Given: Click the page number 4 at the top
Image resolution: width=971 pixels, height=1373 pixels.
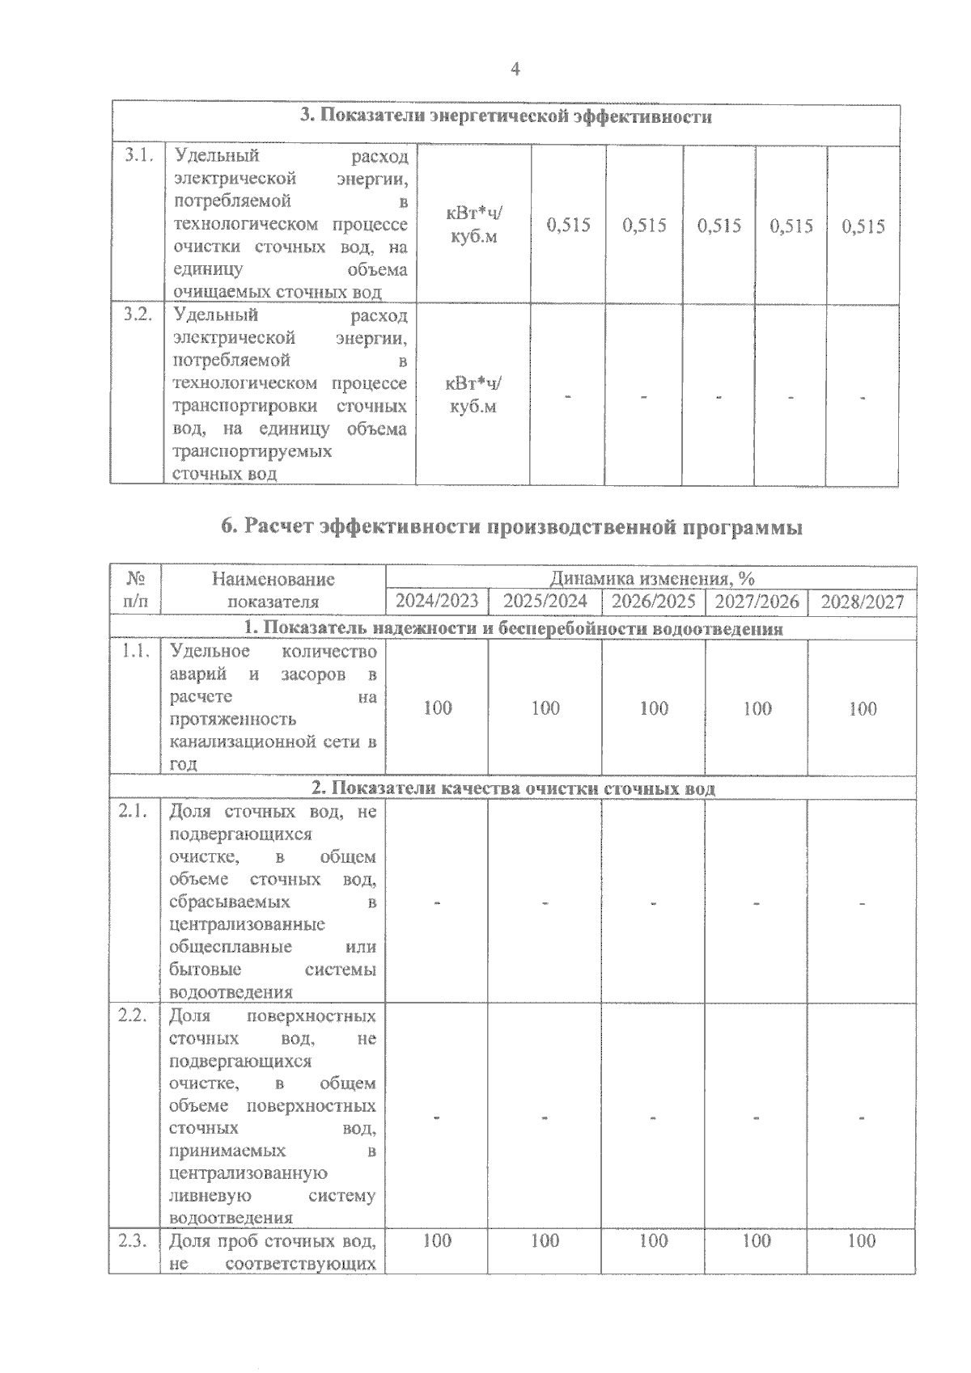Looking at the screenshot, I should [x=515, y=70].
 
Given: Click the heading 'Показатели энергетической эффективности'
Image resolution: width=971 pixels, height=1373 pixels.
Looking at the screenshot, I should [x=506, y=116].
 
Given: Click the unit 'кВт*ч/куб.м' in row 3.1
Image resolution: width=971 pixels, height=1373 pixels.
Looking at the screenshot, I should [x=473, y=226].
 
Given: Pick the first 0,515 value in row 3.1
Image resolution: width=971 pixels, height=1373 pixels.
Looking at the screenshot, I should [x=568, y=226].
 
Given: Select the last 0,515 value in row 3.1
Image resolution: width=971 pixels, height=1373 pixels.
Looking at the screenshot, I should [x=863, y=226].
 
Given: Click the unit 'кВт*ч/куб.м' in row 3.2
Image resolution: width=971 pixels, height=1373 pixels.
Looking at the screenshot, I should [x=473, y=395].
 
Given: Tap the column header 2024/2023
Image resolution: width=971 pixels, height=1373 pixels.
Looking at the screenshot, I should [x=437, y=601].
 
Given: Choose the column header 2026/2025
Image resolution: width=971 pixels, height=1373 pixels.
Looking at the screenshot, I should [x=653, y=601].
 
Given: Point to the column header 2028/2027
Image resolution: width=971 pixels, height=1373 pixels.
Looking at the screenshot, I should [x=862, y=602].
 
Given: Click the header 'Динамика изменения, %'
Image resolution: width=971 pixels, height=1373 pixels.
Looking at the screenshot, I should [x=651, y=578].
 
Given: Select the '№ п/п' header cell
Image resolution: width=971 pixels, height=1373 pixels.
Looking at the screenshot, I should [x=136, y=590].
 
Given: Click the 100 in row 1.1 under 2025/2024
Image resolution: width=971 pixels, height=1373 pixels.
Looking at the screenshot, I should [x=545, y=708].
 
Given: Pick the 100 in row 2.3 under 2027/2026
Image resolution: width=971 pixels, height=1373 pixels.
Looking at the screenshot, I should [x=757, y=1240].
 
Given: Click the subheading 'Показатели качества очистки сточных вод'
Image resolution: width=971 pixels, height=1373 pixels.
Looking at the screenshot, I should [x=514, y=788].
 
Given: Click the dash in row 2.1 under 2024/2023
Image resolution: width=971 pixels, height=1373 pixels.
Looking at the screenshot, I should [x=437, y=902].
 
